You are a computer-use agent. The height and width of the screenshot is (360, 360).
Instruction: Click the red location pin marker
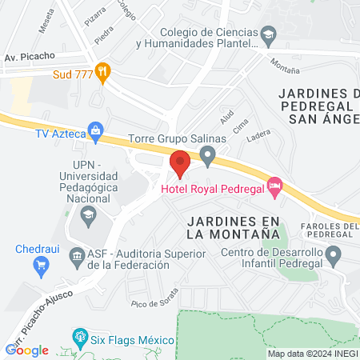click(x=179, y=162)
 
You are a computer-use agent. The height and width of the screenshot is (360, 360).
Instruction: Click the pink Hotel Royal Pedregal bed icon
click(x=275, y=186)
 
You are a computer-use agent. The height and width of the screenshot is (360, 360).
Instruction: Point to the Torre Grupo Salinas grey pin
click(x=209, y=154)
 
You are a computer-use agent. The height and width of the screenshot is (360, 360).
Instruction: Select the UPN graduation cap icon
click(x=87, y=214)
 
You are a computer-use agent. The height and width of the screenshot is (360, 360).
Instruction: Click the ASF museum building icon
click(x=77, y=257)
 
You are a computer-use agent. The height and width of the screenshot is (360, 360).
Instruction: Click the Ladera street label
click(x=259, y=138)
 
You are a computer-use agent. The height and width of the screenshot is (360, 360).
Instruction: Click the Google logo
click(x=26, y=350)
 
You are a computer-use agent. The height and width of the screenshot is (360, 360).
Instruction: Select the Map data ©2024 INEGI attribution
click(x=312, y=354)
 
